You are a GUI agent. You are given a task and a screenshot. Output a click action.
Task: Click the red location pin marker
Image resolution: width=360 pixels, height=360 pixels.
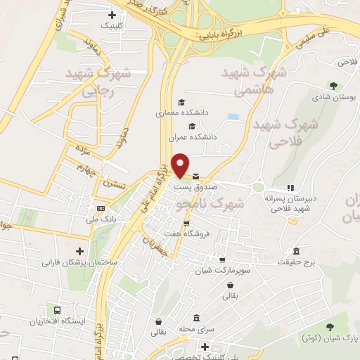[181, 165]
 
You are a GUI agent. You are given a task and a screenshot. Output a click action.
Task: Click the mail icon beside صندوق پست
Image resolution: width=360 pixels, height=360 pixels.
[195, 176]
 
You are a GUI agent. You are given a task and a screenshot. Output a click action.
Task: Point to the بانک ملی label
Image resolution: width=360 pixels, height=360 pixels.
[98, 219]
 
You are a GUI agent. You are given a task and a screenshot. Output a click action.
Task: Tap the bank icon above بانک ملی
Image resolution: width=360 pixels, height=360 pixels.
[101, 208]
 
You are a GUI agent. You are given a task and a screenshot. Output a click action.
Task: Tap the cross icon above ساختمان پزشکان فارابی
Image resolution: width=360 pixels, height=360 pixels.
[79, 251]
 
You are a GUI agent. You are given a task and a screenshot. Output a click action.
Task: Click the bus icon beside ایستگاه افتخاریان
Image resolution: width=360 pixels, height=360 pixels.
[55, 311]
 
